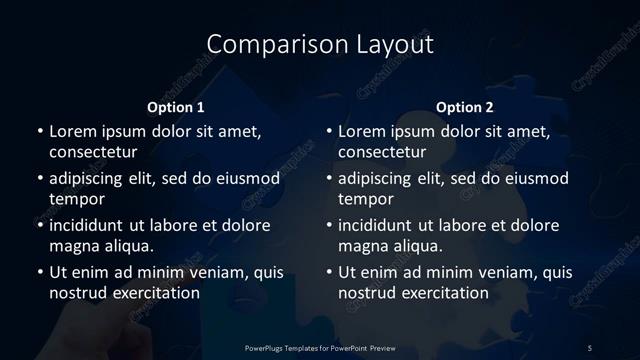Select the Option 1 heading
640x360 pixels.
(176, 107)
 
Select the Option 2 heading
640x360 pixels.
(465, 107)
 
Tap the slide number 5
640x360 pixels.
(589, 347)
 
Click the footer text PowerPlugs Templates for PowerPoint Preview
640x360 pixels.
(319, 347)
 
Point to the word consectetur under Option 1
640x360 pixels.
(93, 152)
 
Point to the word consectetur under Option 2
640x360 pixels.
(383, 152)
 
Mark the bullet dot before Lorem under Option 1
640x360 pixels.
(38, 131)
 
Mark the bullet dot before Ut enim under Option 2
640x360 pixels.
(328, 272)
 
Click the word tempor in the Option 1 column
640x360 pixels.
(74, 199)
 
